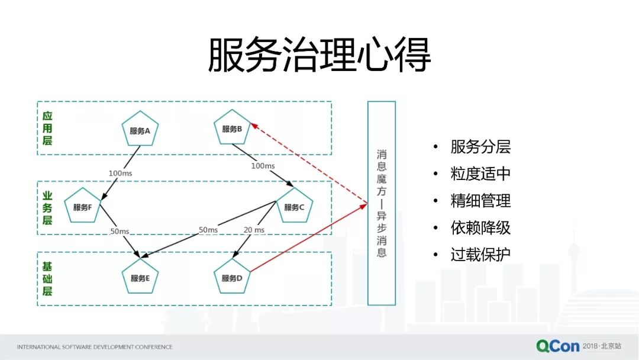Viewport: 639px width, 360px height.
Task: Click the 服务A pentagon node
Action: tap(140, 130)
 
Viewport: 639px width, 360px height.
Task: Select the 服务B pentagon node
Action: tap(232, 129)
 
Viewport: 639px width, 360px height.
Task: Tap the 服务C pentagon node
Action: tap(294, 206)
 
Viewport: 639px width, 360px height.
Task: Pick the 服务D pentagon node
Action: tap(232, 277)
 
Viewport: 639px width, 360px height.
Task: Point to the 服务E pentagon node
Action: tap(140, 277)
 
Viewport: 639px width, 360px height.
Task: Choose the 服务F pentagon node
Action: tap(83, 207)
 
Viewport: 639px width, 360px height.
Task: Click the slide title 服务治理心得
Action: tap(319, 56)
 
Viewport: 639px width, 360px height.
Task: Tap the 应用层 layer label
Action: tap(47, 128)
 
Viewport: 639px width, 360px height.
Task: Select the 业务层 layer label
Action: tap(47, 208)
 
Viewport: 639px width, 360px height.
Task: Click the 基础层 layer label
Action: tap(47, 279)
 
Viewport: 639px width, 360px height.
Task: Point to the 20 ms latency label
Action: tap(254, 230)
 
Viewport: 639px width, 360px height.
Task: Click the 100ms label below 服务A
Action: tap(120, 173)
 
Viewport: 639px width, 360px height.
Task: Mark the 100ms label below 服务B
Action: tap(263, 166)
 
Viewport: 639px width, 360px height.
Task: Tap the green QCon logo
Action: tap(557, 346)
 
